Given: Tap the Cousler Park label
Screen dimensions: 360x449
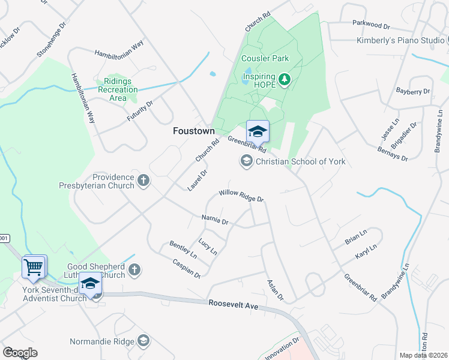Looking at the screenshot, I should tap(265, 59).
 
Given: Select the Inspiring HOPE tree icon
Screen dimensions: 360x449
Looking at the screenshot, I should tap(285, 79).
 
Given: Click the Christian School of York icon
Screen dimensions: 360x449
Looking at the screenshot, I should tap(246, 161).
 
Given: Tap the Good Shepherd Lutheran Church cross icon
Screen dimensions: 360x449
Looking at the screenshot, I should tap(135, 270).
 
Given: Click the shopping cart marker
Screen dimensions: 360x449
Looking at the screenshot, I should tap(34, 266).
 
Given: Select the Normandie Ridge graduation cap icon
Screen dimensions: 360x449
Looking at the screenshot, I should tap(143, 341).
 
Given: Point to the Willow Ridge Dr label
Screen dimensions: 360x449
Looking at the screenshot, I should tap(241, 196).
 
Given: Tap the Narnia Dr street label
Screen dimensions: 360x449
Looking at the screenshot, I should tap(215, 220).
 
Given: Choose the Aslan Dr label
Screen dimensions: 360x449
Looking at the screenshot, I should tap(274, 290).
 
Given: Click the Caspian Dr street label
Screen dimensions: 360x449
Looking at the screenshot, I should tap(185, 268).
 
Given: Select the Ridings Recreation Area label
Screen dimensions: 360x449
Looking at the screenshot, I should tap(118, 89).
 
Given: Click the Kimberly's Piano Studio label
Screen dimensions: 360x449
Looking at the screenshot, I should tap(400, 40).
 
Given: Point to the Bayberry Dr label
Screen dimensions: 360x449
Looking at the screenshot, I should tap(413, 92).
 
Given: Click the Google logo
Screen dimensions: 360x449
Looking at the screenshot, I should tap(20, 352).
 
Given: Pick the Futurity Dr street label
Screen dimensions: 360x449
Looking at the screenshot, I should tap(140, 111).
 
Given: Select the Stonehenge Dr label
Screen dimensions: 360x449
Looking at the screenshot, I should tap(50, 41).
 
